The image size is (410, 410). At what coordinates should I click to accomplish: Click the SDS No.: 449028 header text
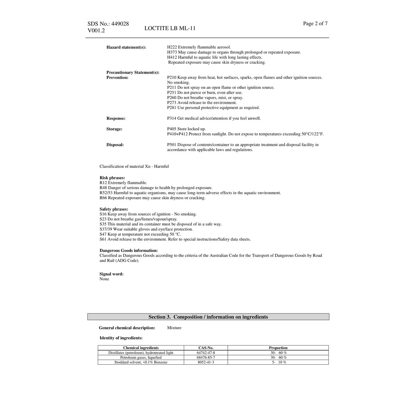(x=108, y=24)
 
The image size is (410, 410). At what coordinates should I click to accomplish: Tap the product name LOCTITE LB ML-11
(x=170, y=28)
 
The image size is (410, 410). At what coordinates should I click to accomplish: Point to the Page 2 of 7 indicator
(x=315, y=23)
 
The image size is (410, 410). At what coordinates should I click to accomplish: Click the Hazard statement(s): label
(x=126, y=47)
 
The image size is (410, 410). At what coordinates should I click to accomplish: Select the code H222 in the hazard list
(x=172, y=47)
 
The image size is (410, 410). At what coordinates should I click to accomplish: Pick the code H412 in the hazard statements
(x=172, y=57)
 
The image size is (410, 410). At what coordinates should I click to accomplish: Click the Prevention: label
(x=117, y=78)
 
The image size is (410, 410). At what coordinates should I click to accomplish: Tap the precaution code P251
(x=172, y=92)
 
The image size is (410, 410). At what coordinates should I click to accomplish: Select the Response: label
(x=116, y=119)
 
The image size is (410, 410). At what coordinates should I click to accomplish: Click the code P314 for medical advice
(x=172, y=119)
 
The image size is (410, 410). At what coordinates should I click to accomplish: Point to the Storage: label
(x=114, y=129)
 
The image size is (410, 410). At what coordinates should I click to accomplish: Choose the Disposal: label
(x=115, y=145)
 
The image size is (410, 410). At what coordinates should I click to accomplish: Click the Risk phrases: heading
(x=112, y=178)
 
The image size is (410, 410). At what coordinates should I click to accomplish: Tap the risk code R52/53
(x=106, y=193)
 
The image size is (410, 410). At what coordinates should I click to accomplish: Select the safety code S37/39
(x=106, y=229)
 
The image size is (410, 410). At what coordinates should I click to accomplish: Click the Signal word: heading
(x=111, y=274)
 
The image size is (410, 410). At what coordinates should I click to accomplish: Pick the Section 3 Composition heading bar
(x=208, y=317)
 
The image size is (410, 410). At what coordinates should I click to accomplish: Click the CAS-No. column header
(x=206, y=348)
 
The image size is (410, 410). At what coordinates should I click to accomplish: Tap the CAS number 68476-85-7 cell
(x=206, y=358)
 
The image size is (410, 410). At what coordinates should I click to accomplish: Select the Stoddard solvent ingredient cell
(x=141, y=362)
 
